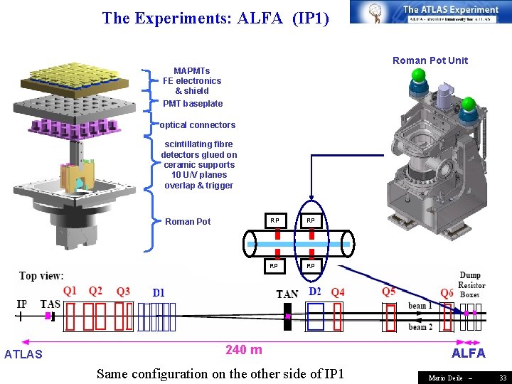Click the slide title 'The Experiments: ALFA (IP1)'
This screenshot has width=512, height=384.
pyautogui.click(x=215, y=18)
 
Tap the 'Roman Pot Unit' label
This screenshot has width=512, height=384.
pyautogui.click(x=430, y=60)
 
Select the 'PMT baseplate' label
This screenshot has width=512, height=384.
pyautogui.click(x=193, y=104)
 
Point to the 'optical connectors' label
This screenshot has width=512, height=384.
pyautogui.click(x=198, y=125)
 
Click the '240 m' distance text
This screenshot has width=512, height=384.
pyautogui.click(x=244, y=349)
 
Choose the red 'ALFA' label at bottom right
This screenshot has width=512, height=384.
pyautogui.click(x=469, y=353)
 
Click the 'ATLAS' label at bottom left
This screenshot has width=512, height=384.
pyautogui.click(x=23, y=354)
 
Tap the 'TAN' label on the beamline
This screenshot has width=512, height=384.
pyautogui.click(x=287, y=294)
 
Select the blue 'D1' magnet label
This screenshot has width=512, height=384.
pyautogui.click(x=159, y=292)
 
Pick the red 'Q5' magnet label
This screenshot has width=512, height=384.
pyautogui.click(x=390, y=292)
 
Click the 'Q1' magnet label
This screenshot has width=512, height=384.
pyautogui.click(x=70, y=290)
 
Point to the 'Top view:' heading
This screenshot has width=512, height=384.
pyautogui.click(x=41, y=276)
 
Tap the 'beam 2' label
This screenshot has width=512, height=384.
pyautogui.click(x=420, y=326)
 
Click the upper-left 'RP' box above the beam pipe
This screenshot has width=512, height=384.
pyautogui.click(x=274, y=220)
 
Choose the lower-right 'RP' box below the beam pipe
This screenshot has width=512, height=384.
pyautogui.click(x=311, y=266)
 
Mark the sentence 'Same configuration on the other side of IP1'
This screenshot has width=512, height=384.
pyautogui.click(x=220, y=373)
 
